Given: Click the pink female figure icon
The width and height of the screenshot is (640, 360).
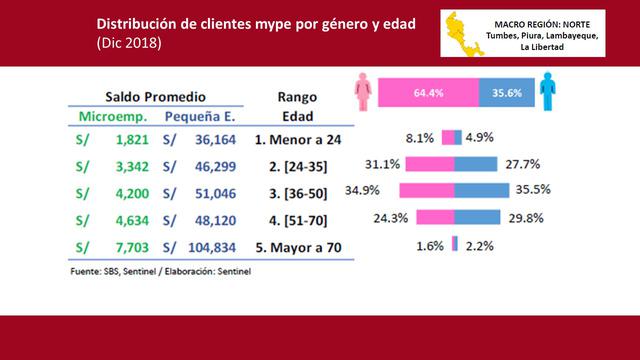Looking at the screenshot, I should tap(363, 93).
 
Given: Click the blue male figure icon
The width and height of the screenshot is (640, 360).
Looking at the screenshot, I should tap(547, 93).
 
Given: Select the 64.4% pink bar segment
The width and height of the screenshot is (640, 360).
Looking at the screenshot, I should tap(427, 93).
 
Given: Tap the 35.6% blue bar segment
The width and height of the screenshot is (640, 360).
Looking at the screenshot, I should tap(506, 93).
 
